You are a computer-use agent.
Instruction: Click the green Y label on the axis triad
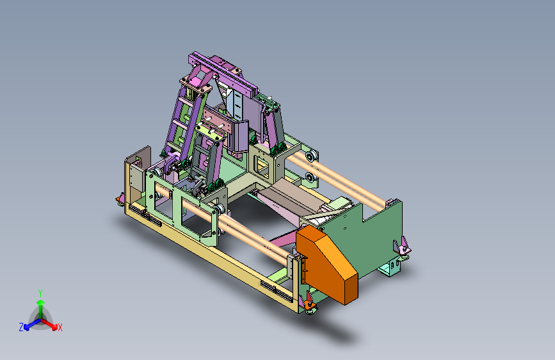pos(40,293)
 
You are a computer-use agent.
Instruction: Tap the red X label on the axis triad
pos(60,327)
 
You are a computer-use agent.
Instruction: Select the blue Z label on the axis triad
pos(21,327)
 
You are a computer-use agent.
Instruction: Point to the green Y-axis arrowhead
pos(41,302)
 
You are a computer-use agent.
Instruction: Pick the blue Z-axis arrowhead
pos(27,327)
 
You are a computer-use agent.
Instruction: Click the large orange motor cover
pos(326,264)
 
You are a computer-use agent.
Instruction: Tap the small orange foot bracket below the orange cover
pos(309,304)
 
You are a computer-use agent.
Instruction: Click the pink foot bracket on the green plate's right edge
pos(403,246)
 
